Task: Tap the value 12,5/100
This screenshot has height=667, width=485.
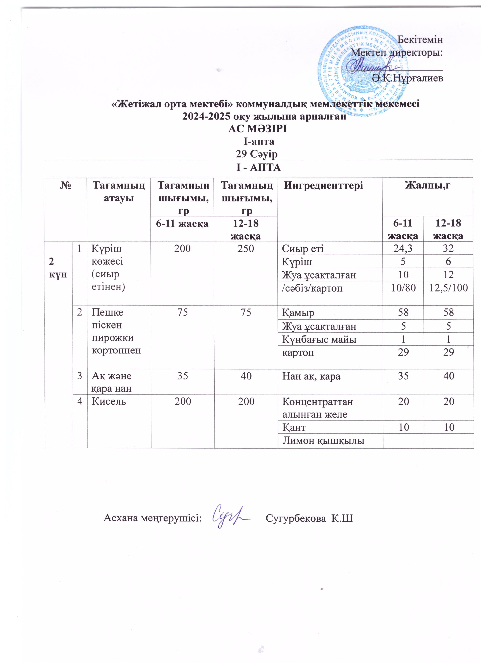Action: tap(449, 288)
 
